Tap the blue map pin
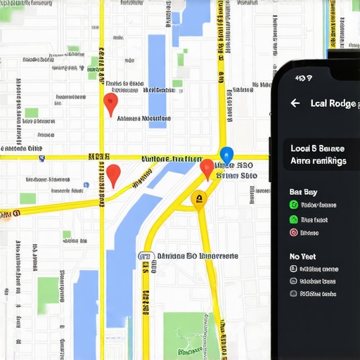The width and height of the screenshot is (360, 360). [x=226, y=154]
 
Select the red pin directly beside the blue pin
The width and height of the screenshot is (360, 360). [x=207, y=169]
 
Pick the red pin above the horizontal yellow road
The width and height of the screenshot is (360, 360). [x=110, y=104]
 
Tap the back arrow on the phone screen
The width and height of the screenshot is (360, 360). [x=295, y=103]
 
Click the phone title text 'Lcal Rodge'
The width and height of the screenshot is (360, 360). [x=334, y=103]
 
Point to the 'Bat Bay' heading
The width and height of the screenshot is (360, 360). [x=303, y=191]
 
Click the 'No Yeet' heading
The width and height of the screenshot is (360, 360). [x=303, y=257]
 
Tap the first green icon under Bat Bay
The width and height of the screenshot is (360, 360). [x=294, y=205]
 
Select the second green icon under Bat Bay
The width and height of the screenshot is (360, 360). [x=294, y=219]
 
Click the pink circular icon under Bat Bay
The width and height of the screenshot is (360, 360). [x=294, y=232]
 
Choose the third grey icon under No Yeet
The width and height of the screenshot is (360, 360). [x=294, y=295]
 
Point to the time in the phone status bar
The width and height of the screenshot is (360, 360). [x=304, y=78]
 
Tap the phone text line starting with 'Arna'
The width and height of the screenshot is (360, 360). [x=318, y=161]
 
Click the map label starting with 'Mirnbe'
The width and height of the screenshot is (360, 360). [x=197, y=257]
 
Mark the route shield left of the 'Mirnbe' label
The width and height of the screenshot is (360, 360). [x=146, y=257]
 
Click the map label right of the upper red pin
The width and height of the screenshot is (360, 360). [x=143, y=119]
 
